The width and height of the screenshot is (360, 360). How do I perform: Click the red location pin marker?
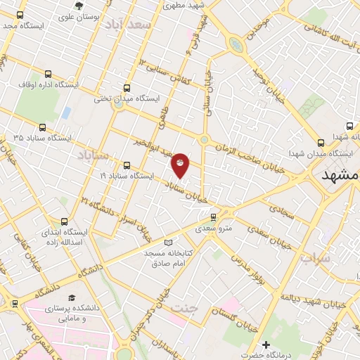[180, 164]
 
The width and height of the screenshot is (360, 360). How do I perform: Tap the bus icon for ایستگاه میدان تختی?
[127, 89]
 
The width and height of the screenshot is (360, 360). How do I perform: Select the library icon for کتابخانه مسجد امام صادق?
[167, 241]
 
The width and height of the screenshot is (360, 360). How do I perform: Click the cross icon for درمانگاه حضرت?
[266, 345]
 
